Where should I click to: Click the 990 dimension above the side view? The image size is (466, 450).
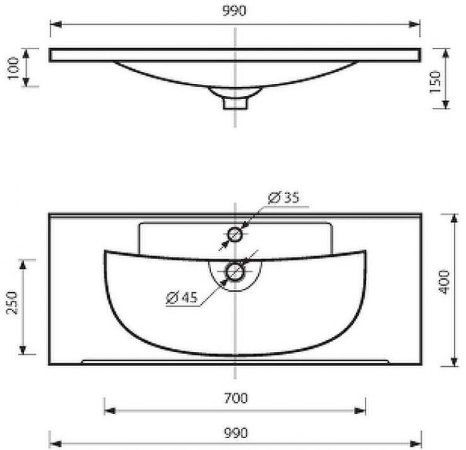[x=234, y=11]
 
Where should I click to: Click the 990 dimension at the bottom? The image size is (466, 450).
[x=236, y=433]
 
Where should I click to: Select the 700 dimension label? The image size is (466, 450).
[x=236, y=398]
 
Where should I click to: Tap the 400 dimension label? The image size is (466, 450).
[x=444, y=282]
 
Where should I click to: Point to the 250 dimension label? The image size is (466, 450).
[x=12, y=303]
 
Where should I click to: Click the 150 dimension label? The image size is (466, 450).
[x=435, y=82]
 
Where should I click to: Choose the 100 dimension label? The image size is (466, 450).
[x=13, y=68]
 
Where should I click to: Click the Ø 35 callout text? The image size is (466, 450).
[x=284, y=198]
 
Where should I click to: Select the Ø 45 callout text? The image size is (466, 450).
[x=182, y=297]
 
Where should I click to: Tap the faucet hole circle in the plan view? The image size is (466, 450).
[x=235, y=235]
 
